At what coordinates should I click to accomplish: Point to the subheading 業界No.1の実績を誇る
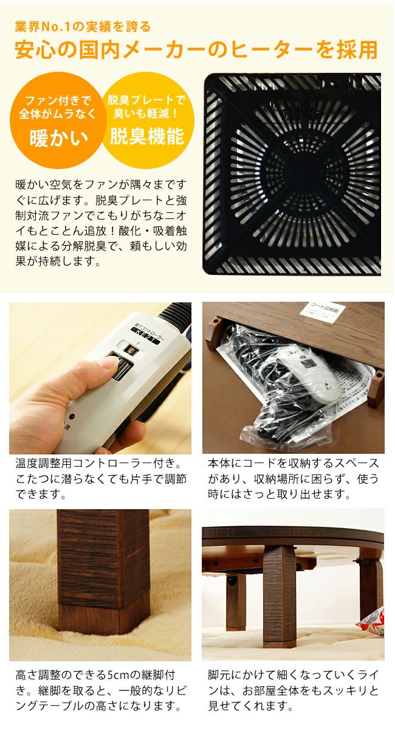coord(82,27)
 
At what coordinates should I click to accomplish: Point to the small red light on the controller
coord(72,417)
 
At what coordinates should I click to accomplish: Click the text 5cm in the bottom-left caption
coord(118,675)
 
